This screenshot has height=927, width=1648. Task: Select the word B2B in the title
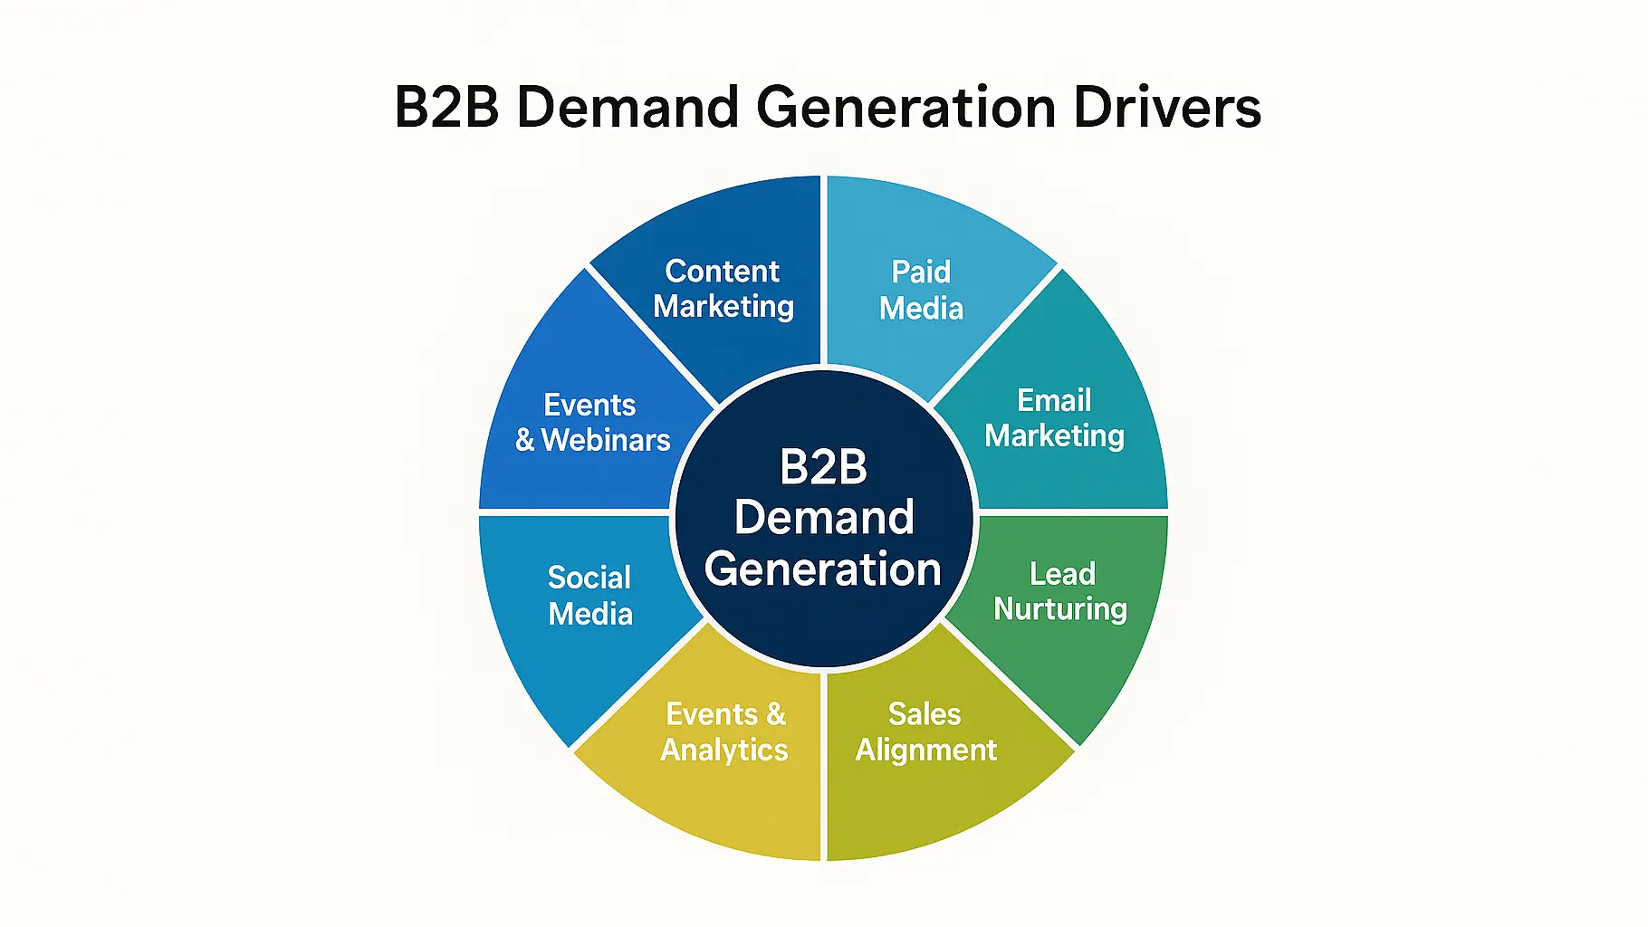[446, 108]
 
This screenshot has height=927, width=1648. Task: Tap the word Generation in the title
[905, 108]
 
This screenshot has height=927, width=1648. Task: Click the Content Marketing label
[723, 289]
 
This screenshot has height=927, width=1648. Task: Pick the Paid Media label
[921, 290]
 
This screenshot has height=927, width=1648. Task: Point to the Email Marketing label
[1054, 418]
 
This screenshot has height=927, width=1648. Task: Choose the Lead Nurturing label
[1060, 591]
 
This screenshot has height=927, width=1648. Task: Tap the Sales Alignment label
[925, 731]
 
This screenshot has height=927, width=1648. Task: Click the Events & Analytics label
[724, 731]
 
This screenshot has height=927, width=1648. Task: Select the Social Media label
[589, 596]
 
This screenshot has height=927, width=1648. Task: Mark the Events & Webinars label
[592, 422]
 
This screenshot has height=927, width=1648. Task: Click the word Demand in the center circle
[823, 518]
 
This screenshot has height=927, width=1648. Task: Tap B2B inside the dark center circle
[823, 467]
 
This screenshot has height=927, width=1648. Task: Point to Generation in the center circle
[823, 569]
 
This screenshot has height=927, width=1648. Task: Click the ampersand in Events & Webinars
[525, 440]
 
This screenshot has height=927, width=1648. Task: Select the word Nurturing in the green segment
[1060, 609]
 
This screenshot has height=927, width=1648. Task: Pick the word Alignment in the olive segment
[925, 750]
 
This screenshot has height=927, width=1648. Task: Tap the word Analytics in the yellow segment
[724, 750]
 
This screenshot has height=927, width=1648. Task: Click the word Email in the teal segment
[1054, 400]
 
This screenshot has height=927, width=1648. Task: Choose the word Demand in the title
[627, 108]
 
